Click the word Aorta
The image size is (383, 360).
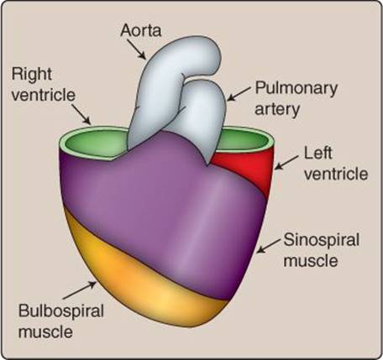(141, 30)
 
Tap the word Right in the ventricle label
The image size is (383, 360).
(32, 75)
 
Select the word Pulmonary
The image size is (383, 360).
(296, 89)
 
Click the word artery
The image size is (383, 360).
(277, 109)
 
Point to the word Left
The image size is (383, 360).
(318, 153)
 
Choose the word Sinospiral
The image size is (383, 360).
(322, 240)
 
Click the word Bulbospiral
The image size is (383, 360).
(61, 311)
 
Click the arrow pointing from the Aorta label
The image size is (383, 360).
(137, 50)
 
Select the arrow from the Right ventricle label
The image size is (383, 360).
(81, 115)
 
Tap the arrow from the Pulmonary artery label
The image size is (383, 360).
(239, 94)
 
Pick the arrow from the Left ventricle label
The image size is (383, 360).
(286, 163)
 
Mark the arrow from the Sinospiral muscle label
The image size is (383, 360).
(268, 246)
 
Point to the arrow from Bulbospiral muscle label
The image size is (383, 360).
(79, 290)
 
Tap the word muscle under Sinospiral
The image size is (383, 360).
(311, 261)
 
